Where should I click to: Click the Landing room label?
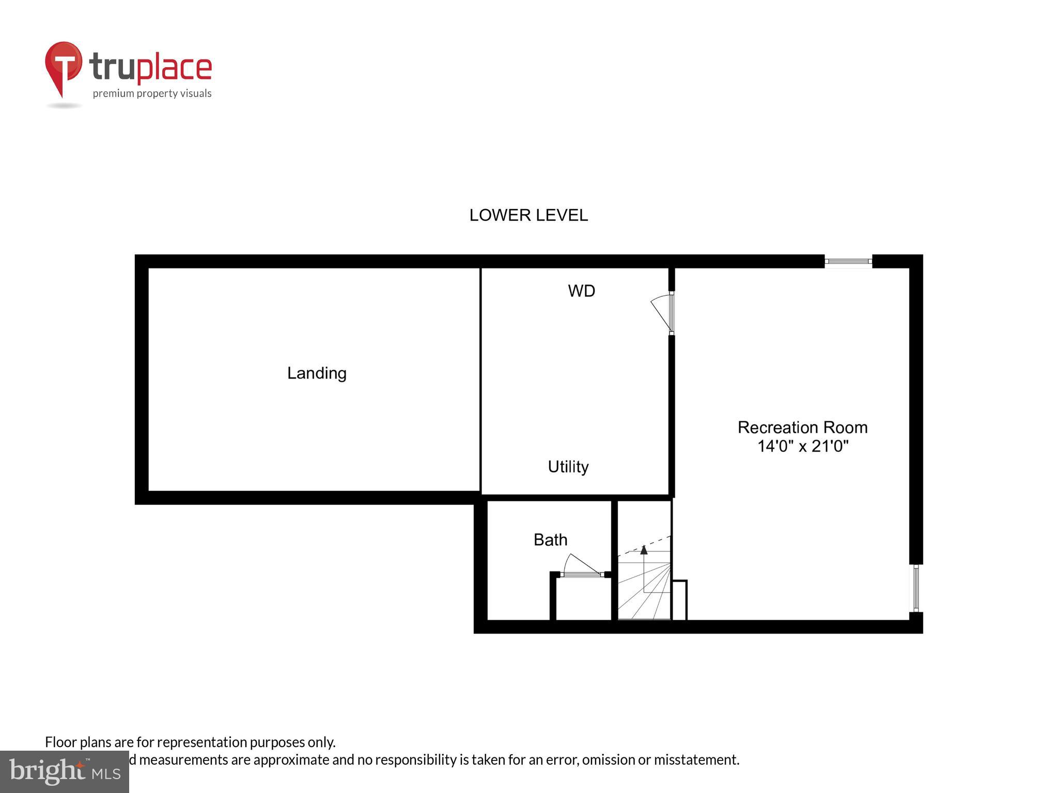click(317, 373)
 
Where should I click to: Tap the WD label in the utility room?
click(581, 291)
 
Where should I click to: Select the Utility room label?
click(568, 467)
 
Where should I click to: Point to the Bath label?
click(550, 540)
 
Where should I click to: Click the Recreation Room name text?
click(802, 427)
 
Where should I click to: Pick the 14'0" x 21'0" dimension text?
click(803, 446)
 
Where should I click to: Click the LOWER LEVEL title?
click(528, 215)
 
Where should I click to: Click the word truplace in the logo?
click(150, 67)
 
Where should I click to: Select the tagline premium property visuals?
click(152, 93)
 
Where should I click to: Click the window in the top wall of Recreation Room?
click(848, 262)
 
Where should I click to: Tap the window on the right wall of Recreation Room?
click(916, 588)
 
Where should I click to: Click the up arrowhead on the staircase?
click(644, 550)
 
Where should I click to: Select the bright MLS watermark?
click(65, 772)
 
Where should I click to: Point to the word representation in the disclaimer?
click(203, 742)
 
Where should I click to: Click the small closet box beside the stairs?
click(679, 600)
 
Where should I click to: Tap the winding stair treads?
click(646, 594)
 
